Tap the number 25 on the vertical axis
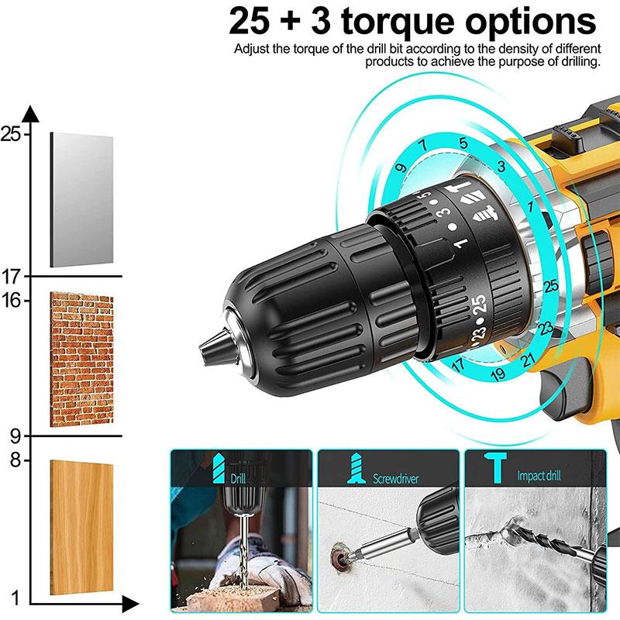tap(11, 134)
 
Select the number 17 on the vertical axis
tap(11, 277)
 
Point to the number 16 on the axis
tap(11, 300)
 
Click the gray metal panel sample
tap(81, 199)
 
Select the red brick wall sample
tap(81, 360)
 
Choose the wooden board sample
tap(81, 527)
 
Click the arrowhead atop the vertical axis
tap(31, 114)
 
